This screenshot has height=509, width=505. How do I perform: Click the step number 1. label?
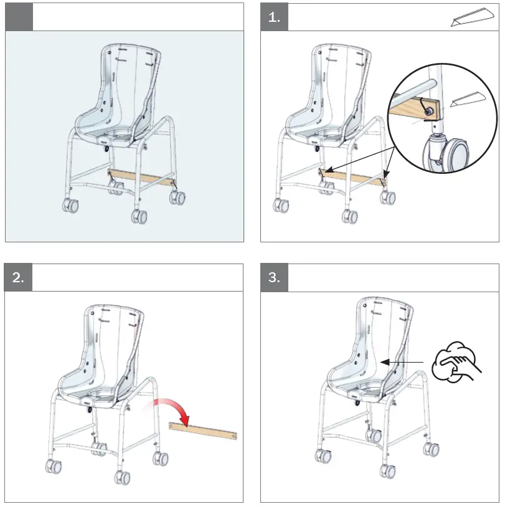point(274,17)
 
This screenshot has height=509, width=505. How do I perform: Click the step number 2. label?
point(19,278)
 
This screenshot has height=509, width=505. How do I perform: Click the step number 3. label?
point(274,278)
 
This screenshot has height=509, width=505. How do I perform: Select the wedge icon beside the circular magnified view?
point(466,100)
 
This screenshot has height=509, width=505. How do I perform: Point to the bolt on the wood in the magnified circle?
point(428,109)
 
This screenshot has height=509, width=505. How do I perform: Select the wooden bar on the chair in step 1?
point(352,176)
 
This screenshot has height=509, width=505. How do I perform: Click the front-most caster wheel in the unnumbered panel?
point(139,217)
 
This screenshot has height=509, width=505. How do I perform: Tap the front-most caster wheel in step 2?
point(122,478)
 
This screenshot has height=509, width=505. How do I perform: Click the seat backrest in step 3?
point(382,330)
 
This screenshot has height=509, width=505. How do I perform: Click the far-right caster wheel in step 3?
point(430,449)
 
